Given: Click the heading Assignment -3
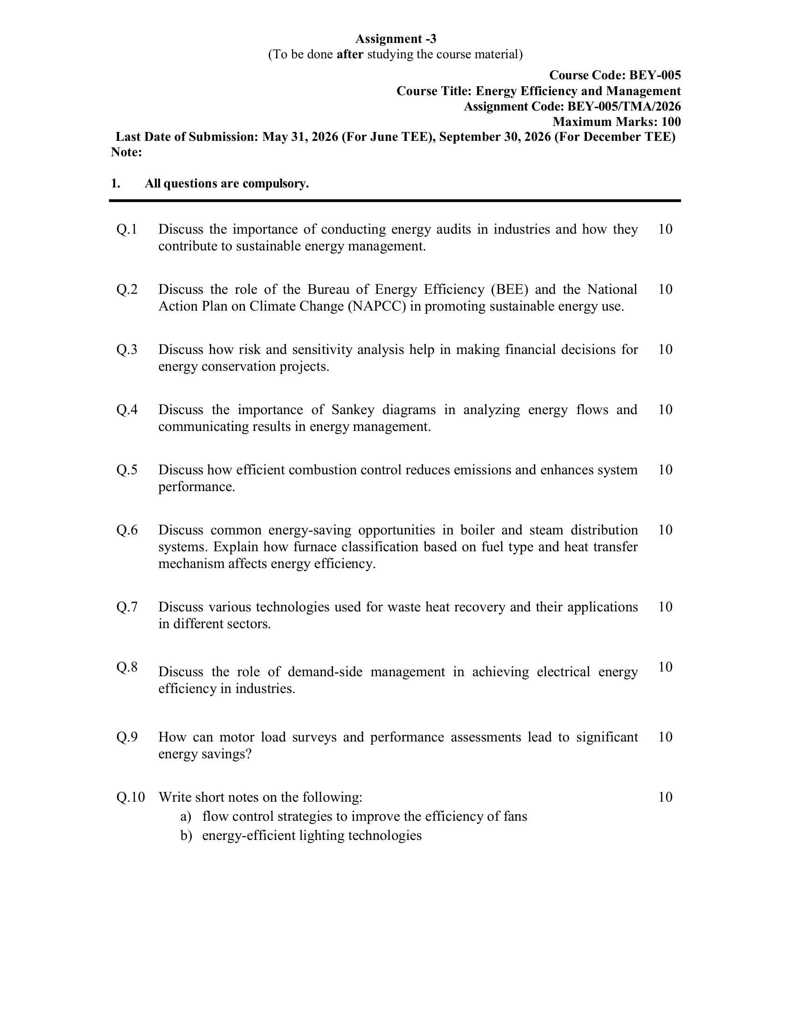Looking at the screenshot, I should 396,39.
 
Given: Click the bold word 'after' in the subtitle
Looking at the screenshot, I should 350,55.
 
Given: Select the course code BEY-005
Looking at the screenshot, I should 655,75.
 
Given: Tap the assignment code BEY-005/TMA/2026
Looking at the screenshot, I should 624,107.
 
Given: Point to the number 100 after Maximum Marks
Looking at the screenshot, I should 671,122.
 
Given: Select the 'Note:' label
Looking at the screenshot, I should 126,152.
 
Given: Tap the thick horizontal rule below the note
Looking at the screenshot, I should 395,201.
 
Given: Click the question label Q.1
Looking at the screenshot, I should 127,229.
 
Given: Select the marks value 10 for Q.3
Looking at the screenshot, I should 665,349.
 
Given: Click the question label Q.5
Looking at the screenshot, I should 127,470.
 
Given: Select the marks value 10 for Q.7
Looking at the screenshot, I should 665,607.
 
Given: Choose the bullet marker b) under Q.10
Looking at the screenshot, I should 186,836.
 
